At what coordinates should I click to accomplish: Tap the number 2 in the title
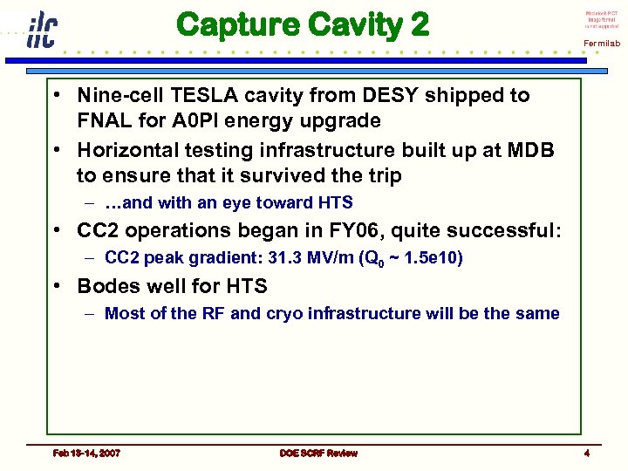[419, 24]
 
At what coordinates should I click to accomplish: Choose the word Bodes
[107, 286]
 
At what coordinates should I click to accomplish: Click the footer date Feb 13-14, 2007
[86, 453]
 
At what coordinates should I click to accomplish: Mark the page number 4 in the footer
[586, 453]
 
